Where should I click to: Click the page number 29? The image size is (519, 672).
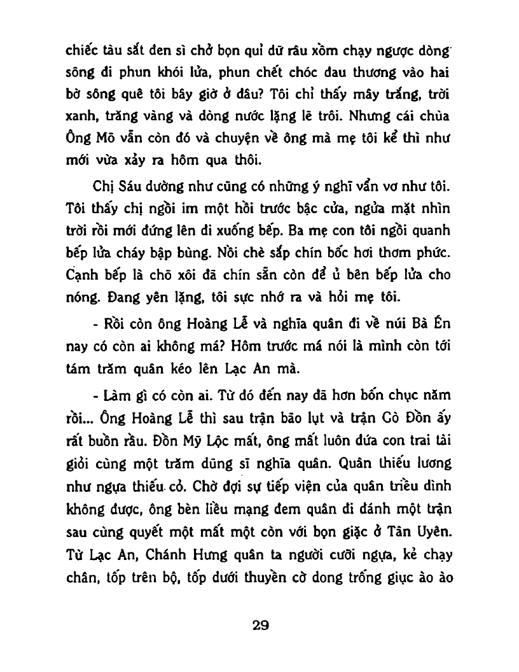pyautogui.click(x=260, y=624)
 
